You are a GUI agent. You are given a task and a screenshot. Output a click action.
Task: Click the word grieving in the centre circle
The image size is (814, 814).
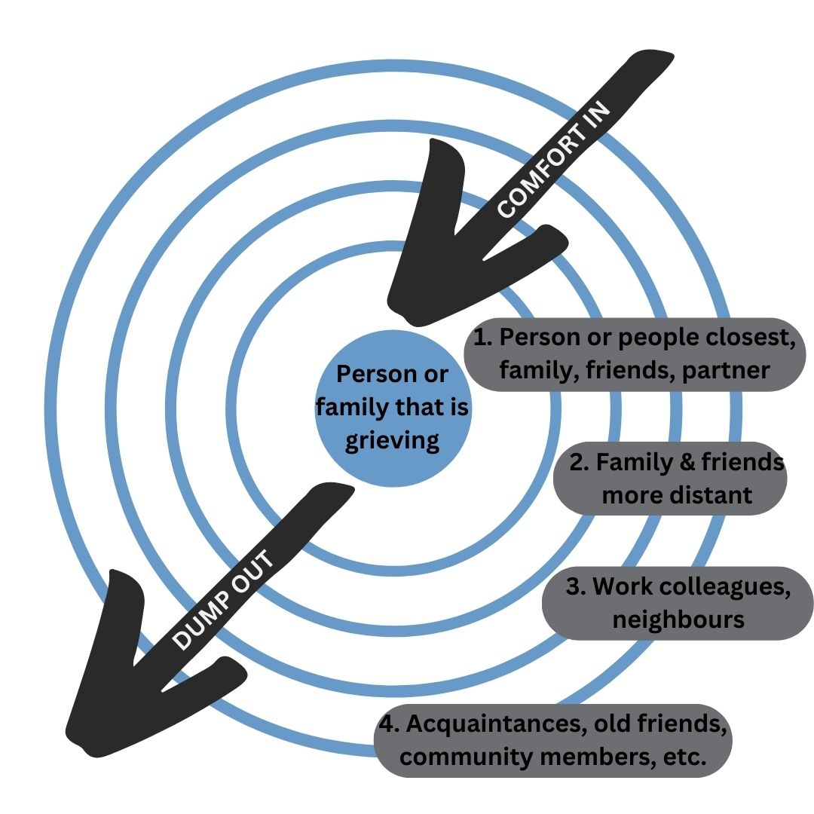(x=392, y=439)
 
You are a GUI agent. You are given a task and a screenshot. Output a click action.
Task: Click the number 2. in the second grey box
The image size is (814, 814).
(x=579, y=462)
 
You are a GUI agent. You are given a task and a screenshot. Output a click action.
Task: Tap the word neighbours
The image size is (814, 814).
(x=678, y=620)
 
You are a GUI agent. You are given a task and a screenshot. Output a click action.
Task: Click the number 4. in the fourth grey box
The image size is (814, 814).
(x=389, y=724)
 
